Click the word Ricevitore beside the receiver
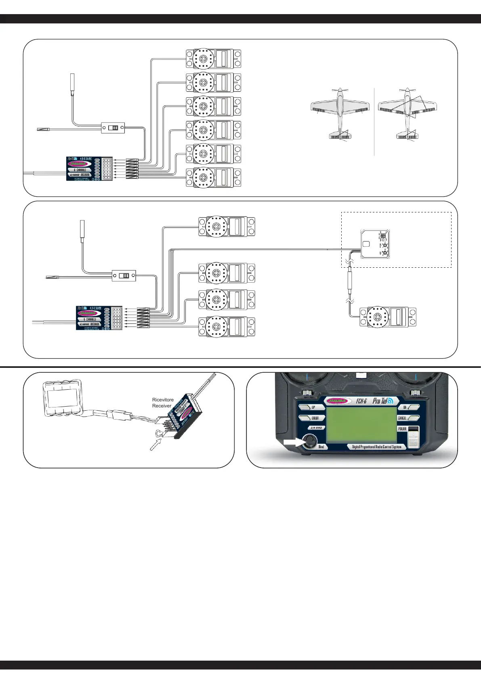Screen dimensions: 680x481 click(x=163, y=400)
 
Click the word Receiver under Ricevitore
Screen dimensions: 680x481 click(x=162, y=406)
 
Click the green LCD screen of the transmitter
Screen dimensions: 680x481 click(x=361, y=424)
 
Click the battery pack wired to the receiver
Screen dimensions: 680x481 click(x=63, y=400)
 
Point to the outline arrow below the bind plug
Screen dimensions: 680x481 click(x=155, y=445)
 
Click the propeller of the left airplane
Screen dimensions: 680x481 click(x=340, y=90)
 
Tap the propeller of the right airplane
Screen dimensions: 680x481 click(x=407, y=90)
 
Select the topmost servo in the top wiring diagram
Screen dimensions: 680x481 click(x=213, y=59)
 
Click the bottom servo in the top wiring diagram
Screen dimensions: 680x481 click(x=213, y=177)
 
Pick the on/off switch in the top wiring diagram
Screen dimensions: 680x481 click(x=113, y=128)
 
